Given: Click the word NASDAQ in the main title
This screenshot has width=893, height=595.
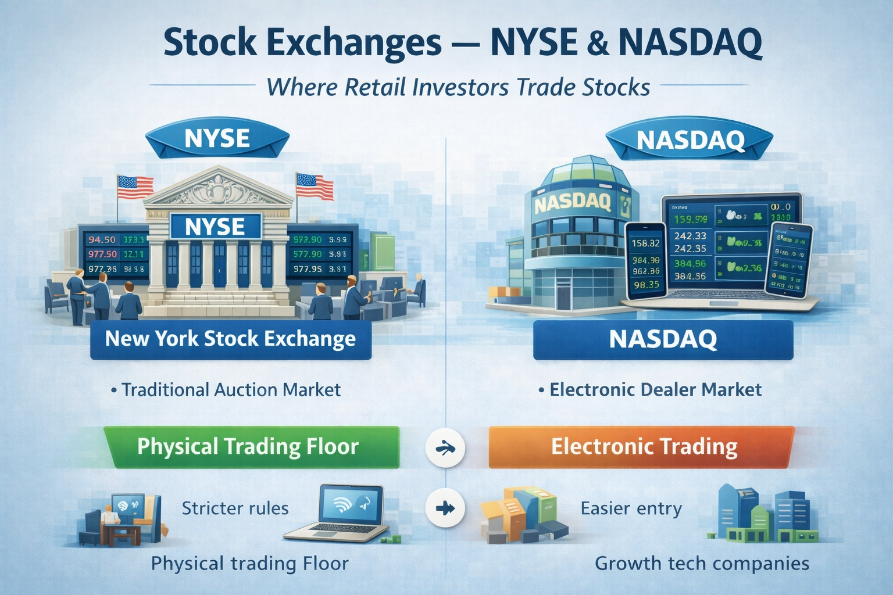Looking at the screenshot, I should click(x=690, y=43).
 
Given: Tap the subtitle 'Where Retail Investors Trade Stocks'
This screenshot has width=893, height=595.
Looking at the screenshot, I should click(x=458, y=87).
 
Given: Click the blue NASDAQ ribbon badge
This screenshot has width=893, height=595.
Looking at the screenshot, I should click(x=690, y=140).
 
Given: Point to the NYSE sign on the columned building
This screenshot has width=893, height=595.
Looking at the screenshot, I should click(x=215, y=227).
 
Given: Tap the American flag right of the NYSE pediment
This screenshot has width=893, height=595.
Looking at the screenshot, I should click(x=315, y=186).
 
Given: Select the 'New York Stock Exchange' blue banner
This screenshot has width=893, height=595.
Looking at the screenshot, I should click(x=230, y=339).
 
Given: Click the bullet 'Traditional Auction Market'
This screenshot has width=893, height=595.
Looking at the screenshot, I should click(x=230, y=389).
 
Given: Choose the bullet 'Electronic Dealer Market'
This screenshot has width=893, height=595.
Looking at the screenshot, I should click(x=655, y=389).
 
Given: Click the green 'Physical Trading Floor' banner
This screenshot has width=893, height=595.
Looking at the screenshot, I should click(x=248, y=446).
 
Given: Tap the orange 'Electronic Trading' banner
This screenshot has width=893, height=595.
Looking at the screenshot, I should click(x=644, y=447).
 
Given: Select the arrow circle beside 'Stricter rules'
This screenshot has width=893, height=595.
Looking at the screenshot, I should click(x=445, y=508).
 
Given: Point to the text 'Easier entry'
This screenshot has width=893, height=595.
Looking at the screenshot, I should click(x=631, y=508).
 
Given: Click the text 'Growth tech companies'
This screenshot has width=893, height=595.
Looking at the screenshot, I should click(x=702, y=563).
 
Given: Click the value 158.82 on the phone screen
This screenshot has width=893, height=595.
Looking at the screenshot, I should click(x=645, y=243).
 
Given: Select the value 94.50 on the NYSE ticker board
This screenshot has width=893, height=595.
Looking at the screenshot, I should click(x=102, y=239).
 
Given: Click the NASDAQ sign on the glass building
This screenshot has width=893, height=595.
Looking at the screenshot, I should click(x=573, y=203).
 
